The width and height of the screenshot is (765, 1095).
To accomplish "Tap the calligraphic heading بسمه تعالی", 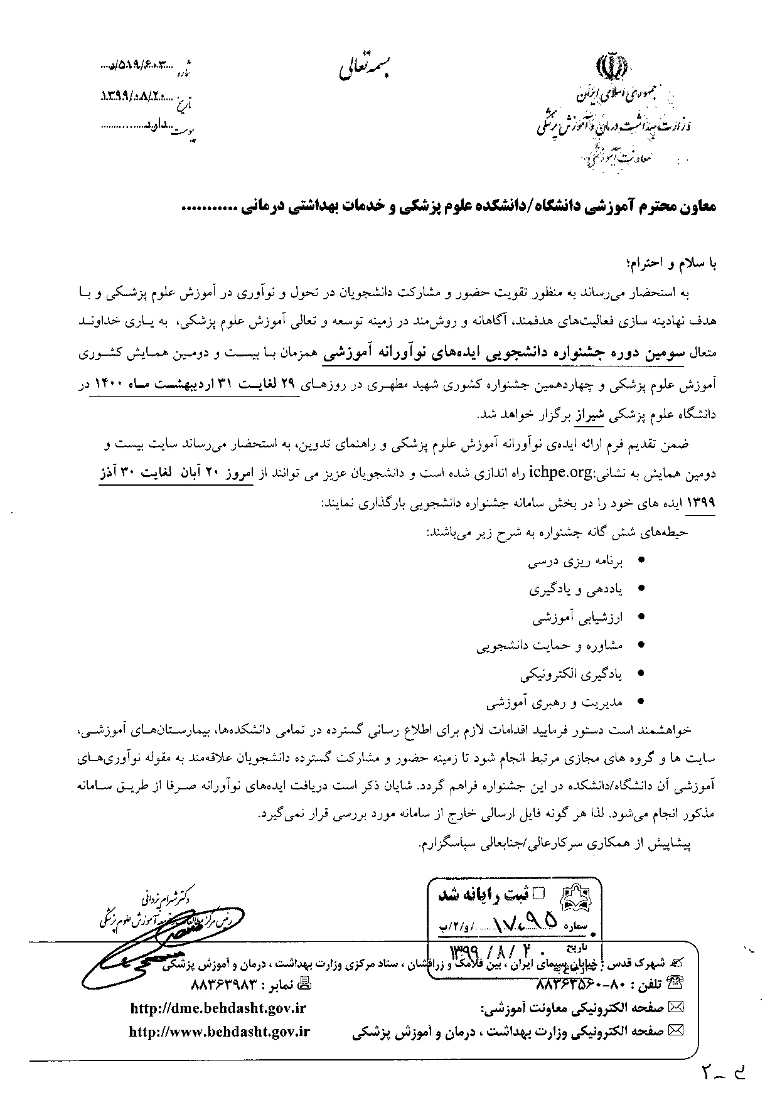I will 366,68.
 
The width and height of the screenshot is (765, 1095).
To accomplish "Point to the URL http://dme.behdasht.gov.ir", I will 218,1008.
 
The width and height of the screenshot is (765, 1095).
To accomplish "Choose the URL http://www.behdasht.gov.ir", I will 219,1031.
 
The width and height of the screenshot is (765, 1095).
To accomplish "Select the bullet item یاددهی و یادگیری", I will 575,590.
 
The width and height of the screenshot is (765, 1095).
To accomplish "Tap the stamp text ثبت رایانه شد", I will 497,894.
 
